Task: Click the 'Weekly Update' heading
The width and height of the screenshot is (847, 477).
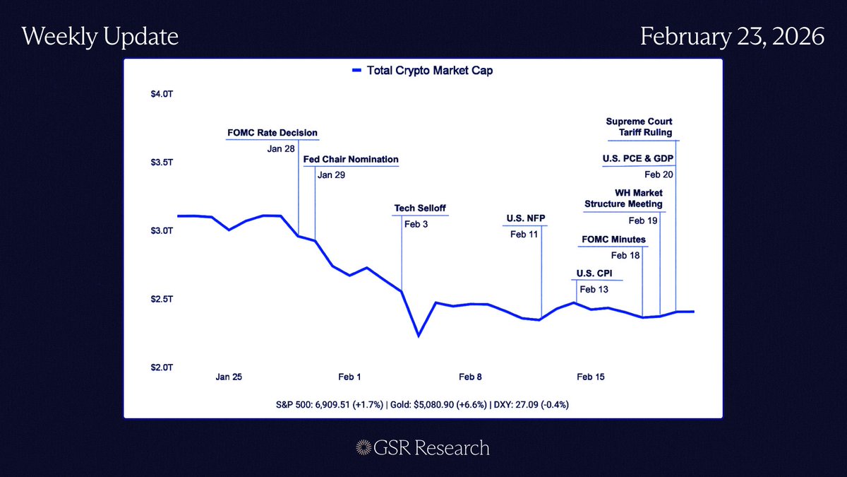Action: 100,37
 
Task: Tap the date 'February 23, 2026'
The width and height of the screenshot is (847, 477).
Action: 732,37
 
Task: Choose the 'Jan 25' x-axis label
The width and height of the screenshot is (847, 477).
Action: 229,377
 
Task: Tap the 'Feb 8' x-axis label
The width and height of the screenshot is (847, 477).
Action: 470,377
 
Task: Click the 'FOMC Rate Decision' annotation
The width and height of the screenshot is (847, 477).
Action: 272,133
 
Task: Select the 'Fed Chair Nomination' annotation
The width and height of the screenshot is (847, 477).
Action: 351,160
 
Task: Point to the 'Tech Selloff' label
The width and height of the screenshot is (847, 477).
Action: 420,208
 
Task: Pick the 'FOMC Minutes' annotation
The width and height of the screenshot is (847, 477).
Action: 613,240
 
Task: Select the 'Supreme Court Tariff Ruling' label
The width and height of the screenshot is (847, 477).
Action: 639,126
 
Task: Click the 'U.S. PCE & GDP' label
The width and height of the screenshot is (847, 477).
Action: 632,160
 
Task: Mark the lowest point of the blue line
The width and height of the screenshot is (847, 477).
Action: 419,336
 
